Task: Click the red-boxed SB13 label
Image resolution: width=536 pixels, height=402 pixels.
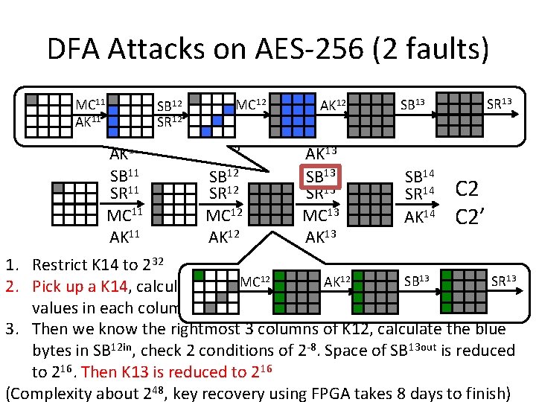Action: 322,177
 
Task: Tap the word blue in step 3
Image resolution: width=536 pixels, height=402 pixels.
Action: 488,329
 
